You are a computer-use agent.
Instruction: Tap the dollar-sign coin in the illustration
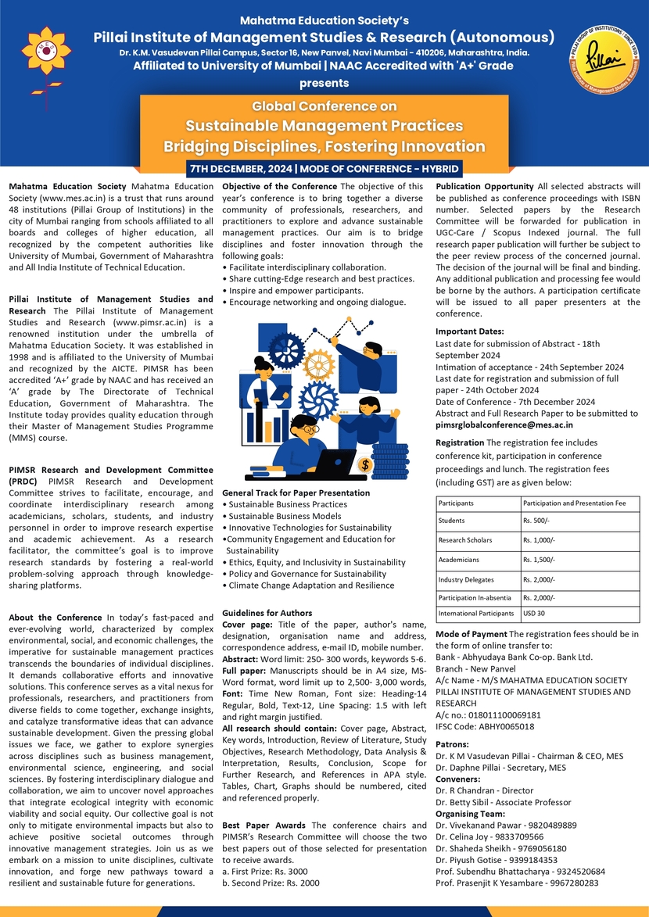364,464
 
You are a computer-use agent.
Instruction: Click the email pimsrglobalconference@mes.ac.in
504,424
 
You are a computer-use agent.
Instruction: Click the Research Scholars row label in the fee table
465,540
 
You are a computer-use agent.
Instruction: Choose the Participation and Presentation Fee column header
574,503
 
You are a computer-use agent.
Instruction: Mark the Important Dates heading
470,331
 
